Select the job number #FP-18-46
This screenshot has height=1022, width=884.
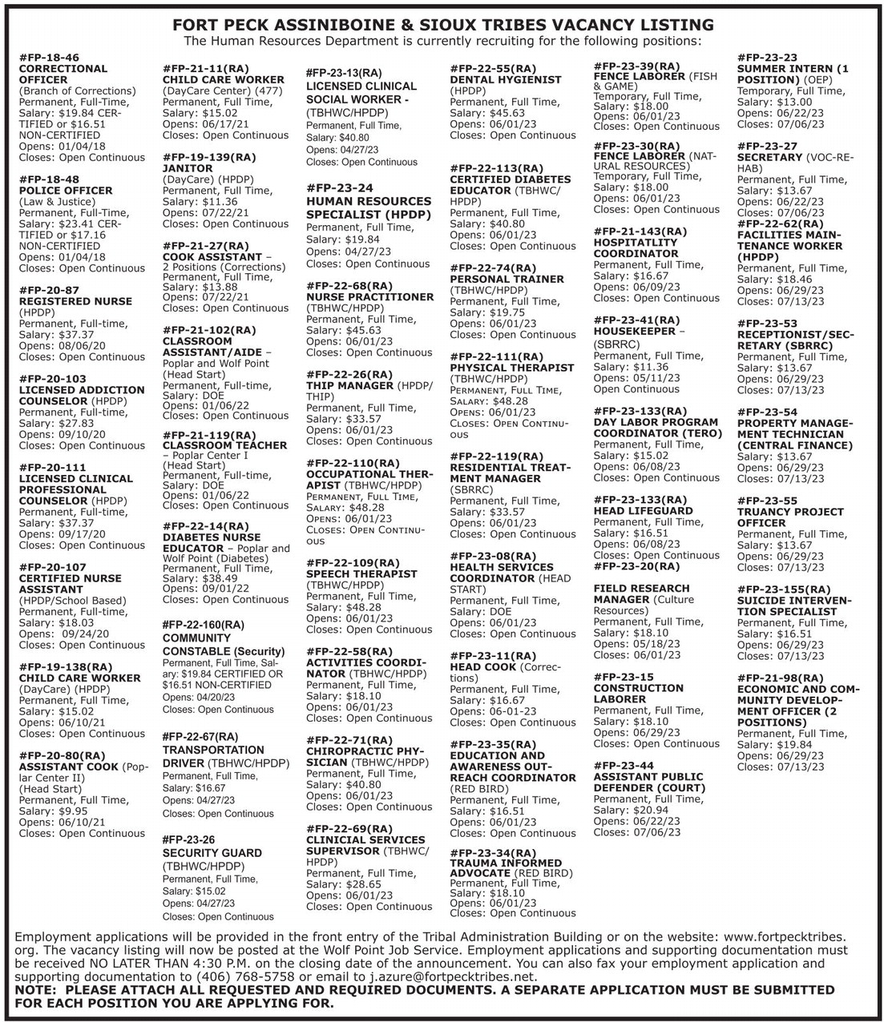pyautogui.click(x=49, y=58)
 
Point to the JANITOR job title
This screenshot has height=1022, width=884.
pyautogui.click(x=188, y=168)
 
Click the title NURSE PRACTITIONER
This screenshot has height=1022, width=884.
pyautogui.click(x=369, y=296)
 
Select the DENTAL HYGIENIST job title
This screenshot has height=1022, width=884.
pyautogui.click(x=506, y=79)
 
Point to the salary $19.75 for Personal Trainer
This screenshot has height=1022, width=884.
pyautogui.click(x=507, y=312)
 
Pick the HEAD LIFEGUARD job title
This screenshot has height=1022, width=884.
pyautogui.click(x=643, y=510)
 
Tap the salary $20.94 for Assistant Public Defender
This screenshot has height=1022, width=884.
pyautogui.click(x=651, y=811)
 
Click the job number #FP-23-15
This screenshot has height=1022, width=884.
pyautogui.click(x=624, y=677)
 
